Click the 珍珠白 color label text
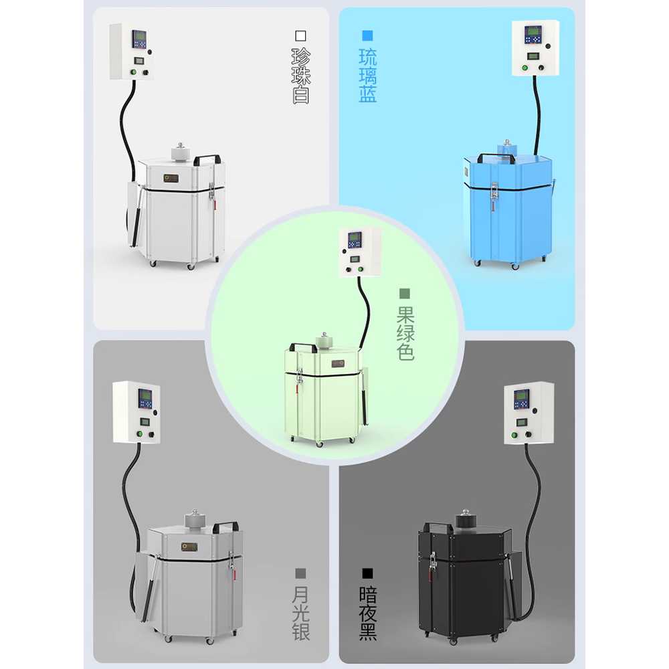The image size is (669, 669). click(301, 76)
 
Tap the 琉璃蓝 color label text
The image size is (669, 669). click(368, 76)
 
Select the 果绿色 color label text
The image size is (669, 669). click(405, 333)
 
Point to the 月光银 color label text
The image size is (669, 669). click(301, 613)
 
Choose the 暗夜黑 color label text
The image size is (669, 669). click(368, 613)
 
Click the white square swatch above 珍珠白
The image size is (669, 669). click(301, 35)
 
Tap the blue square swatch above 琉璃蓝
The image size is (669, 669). click(367, 35)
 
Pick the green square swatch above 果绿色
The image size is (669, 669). click(405, 294)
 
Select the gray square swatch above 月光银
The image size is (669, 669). click(301, 573)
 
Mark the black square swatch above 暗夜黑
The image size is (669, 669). click(367, 573)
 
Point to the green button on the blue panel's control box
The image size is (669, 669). click(524, 68)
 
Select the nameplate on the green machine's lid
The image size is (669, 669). click(338, 364)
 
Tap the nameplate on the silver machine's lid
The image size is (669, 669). click(189, 547)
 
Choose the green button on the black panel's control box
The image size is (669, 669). click(514, 436)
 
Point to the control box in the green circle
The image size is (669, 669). click(360, 252)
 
